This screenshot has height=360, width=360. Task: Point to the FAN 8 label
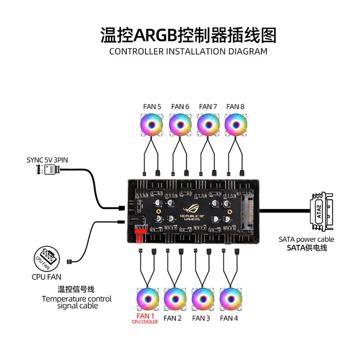pos(236,107)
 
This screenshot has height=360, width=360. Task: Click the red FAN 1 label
pos(145,316)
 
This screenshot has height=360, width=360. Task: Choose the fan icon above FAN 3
pos(202,299)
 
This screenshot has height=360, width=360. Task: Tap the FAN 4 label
pos(229,318)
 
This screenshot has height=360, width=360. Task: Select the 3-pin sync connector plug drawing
pos(50,169)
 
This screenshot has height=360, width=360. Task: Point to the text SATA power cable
pos(306,239)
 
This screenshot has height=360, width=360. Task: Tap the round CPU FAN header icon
pos(47,258)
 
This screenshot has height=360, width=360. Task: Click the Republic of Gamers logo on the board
pos(191,211)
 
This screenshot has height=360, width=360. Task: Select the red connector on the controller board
pos(140,236)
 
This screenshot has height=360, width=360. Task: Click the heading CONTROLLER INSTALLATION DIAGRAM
pos(188,51)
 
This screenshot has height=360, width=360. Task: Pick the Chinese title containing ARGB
pos(188,35)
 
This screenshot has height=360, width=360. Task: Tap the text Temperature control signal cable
pos(77,302)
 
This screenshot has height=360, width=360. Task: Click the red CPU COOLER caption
pos(145,322)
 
